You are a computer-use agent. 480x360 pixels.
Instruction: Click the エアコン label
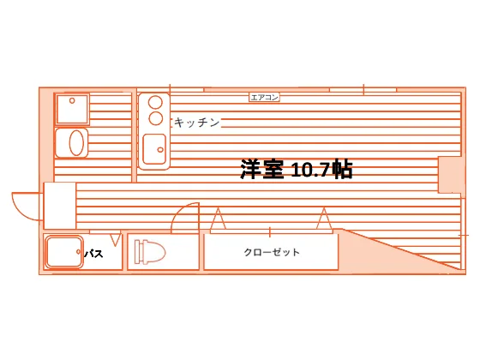(264, 98)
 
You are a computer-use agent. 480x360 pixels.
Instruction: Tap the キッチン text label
(197, 123)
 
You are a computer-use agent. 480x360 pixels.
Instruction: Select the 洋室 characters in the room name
(262, 169)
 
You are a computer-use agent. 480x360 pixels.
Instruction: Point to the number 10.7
(311, 170)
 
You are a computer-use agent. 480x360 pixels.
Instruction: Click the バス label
(93, 254)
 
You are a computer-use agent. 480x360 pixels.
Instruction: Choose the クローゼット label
(272, 252)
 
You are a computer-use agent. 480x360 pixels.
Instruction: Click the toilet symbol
(150, 252)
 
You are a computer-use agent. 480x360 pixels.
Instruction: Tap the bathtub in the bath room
(64, 252)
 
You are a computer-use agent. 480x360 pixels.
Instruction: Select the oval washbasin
(76, 142)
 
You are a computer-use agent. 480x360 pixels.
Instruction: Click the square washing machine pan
(72, 109)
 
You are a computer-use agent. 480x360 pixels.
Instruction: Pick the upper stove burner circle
(155, 102)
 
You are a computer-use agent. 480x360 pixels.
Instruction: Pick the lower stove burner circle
(156, 118)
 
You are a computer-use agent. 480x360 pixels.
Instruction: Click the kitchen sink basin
(154, 149)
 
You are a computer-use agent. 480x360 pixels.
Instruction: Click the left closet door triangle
(219, 219)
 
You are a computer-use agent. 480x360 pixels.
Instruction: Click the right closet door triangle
(324, 219)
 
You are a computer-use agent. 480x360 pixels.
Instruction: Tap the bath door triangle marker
(115, 240)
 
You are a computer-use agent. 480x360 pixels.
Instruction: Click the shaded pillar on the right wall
(450, 175)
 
